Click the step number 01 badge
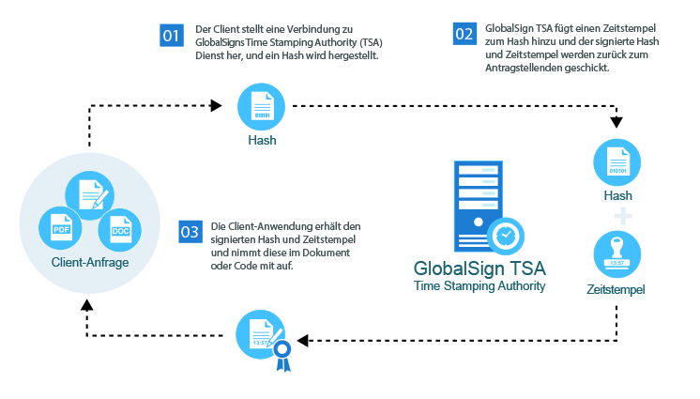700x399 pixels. coord(171,36)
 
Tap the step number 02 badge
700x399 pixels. coord(464,35)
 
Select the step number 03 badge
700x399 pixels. coord(190,231)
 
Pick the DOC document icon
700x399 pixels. coord(120,228)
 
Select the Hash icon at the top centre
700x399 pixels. coord(262,104)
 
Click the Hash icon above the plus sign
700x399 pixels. coord(616,162)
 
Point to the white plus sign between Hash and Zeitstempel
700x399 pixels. coord(616,217)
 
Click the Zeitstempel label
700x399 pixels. coord(616,290)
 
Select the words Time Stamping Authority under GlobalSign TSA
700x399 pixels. coord(479,285)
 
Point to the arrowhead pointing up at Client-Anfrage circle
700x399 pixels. coord(87,305)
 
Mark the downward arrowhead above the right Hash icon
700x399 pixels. coord(616,123)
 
